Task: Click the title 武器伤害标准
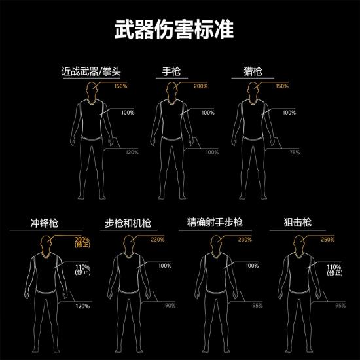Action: pos(179,30)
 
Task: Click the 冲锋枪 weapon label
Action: pos(43,223)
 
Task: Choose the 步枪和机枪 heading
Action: pos(128,223)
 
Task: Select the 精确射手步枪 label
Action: pos(214,223)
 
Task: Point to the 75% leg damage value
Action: pos(295,152)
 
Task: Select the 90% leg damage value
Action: pos(170,306)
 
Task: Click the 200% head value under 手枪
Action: pos(201,86)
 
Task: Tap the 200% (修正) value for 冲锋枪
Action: pos(82,242)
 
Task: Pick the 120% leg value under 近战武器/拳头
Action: pos(132,152)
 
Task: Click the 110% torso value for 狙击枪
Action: pos(334,268)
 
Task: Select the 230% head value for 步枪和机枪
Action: pos(157,240)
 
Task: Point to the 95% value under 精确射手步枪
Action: pos(257,306)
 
